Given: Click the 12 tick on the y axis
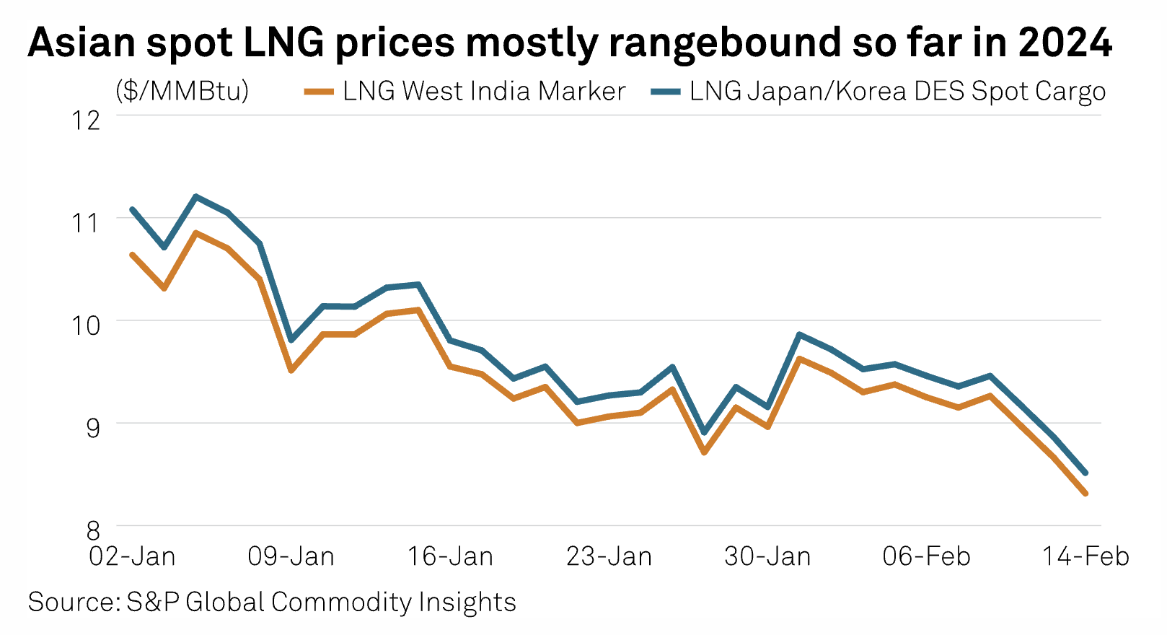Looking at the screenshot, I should (86, 120).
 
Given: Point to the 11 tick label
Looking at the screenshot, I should (86, 222).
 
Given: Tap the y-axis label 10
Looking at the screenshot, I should (86, 325).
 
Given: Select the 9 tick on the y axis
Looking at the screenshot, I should (93, 427).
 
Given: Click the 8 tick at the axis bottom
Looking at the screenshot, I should (93, 530).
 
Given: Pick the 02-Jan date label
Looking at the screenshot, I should (132, 556).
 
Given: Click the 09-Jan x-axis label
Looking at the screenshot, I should (291, 556).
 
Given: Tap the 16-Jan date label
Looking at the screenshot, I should (450, 556).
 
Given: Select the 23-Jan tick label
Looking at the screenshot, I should (609, 556).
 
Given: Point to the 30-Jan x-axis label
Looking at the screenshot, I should (767, 556).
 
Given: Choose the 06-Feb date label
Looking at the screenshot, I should (927, 556).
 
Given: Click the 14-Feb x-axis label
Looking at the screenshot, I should (1085, 556).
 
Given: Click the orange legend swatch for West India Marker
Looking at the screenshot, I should (319, 92).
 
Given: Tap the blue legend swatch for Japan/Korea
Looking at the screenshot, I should (665, 92).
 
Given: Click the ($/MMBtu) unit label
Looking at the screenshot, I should (182, 91).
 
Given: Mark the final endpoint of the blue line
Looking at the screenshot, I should (1085, 473).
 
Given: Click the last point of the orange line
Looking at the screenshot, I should (1085, 494).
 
